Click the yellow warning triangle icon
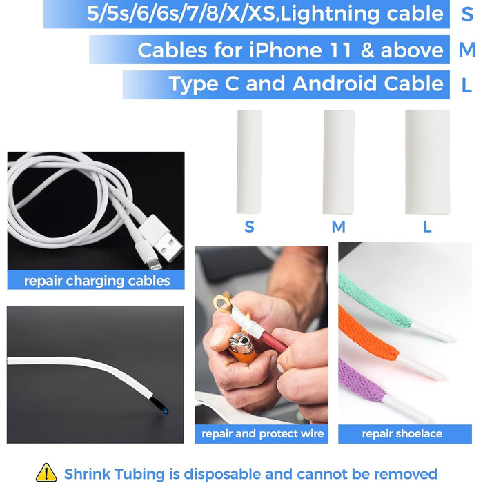46,473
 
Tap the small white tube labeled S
249,161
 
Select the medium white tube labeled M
338,161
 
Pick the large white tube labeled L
427,161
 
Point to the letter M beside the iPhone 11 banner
467,50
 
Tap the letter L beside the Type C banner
467,85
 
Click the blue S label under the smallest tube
249,226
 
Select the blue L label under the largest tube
427,226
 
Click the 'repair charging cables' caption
97,280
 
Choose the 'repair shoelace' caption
402,434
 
